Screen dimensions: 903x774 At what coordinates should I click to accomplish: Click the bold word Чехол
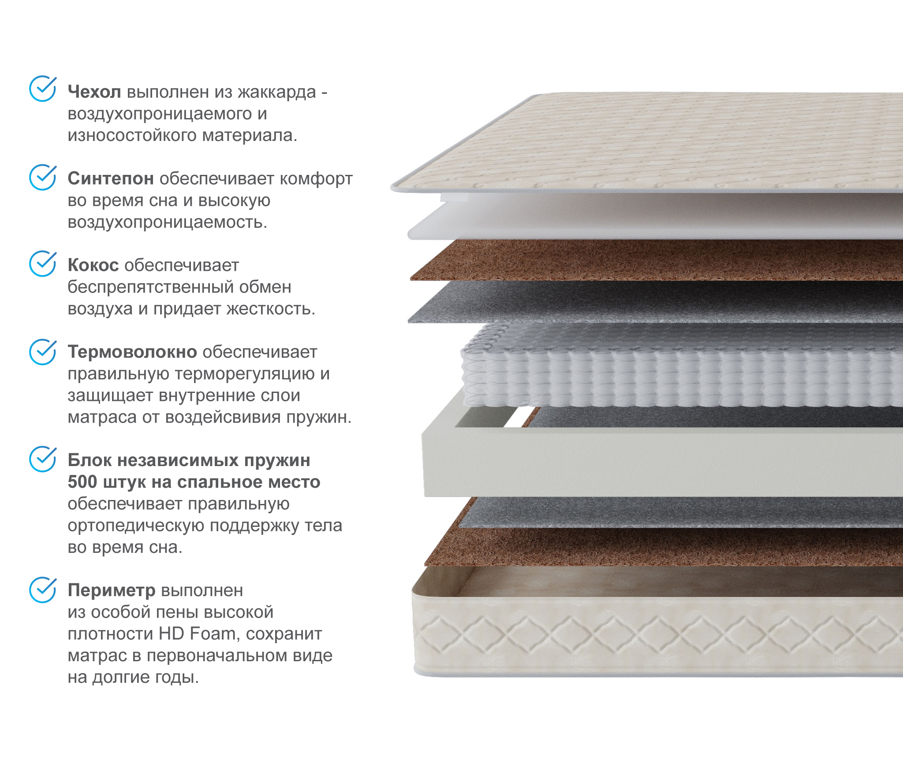(x=94, y=92)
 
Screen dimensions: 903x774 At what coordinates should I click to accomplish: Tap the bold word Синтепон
(x=111, y=178)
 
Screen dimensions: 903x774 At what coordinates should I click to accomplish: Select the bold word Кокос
(x=93, y=265)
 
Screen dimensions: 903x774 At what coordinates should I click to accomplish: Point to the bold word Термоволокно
(x=132, y=352)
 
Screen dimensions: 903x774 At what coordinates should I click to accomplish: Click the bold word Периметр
(x=112, y=590)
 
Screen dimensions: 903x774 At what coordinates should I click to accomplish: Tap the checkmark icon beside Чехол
(x=43, y=89)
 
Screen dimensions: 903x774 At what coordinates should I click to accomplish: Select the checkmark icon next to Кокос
(x=43, y=263)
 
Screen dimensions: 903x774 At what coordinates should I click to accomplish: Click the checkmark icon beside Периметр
(x=43, y=589)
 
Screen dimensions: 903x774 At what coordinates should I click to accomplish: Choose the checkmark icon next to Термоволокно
(x=43, y=352)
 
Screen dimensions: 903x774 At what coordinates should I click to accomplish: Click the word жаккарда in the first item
(x=277, y=93)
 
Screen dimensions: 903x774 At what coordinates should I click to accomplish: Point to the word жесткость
(x=271, y=309)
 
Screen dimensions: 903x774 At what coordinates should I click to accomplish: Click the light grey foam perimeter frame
(x=661, y=463)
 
